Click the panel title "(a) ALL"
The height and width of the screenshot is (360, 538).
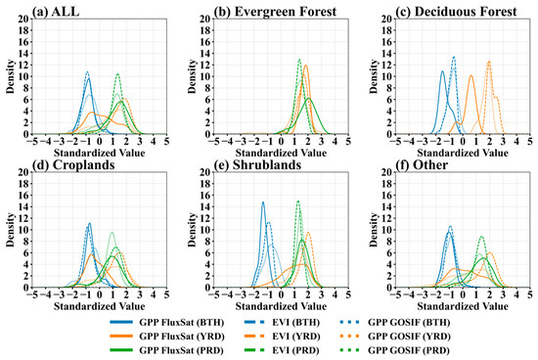coord(56,12)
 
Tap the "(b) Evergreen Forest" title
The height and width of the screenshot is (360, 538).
coord(275,12)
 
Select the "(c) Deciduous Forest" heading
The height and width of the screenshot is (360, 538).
coord(456,12)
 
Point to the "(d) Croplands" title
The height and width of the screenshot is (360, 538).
coord(73,165)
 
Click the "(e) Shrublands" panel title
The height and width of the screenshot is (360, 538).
coord(257,165)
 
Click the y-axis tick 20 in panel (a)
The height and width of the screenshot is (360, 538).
coord(24,20)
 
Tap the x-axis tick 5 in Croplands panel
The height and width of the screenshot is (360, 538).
coord(166,294)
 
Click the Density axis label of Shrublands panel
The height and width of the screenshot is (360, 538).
coord(193,230)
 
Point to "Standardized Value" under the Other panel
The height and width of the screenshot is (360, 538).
coord(463,306)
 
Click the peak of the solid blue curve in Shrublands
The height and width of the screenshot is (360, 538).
coord(263,202)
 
